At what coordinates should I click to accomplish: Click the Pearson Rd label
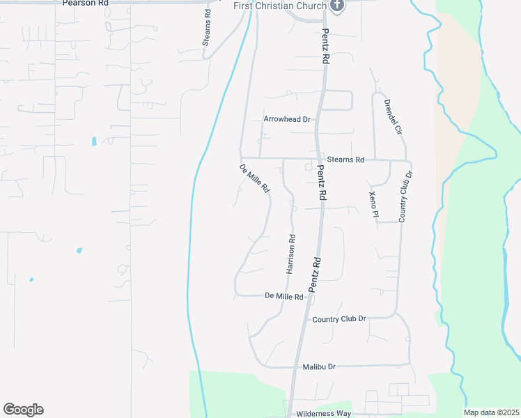point(86,3)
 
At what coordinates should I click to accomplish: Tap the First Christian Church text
point(281,6)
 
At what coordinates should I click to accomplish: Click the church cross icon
point(337,6)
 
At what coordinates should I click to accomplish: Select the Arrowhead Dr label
point(286,119)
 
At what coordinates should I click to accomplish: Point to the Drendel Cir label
point(394,116)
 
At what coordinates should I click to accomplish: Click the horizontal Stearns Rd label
point(346,160)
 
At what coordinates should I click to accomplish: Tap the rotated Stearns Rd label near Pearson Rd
point(207,28)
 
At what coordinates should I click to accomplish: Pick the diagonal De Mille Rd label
point(254,179)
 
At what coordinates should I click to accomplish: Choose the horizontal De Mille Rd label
point(284,296)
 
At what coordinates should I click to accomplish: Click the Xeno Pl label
point(373,204)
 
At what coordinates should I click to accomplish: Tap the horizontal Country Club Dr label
point(339,319)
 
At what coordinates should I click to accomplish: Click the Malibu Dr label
point(319,366)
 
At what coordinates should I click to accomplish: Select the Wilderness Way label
point(323,413)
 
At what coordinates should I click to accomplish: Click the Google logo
point(23,410)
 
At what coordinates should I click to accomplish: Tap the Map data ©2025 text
point(491,412)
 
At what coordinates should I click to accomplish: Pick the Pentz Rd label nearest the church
point(325,47)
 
